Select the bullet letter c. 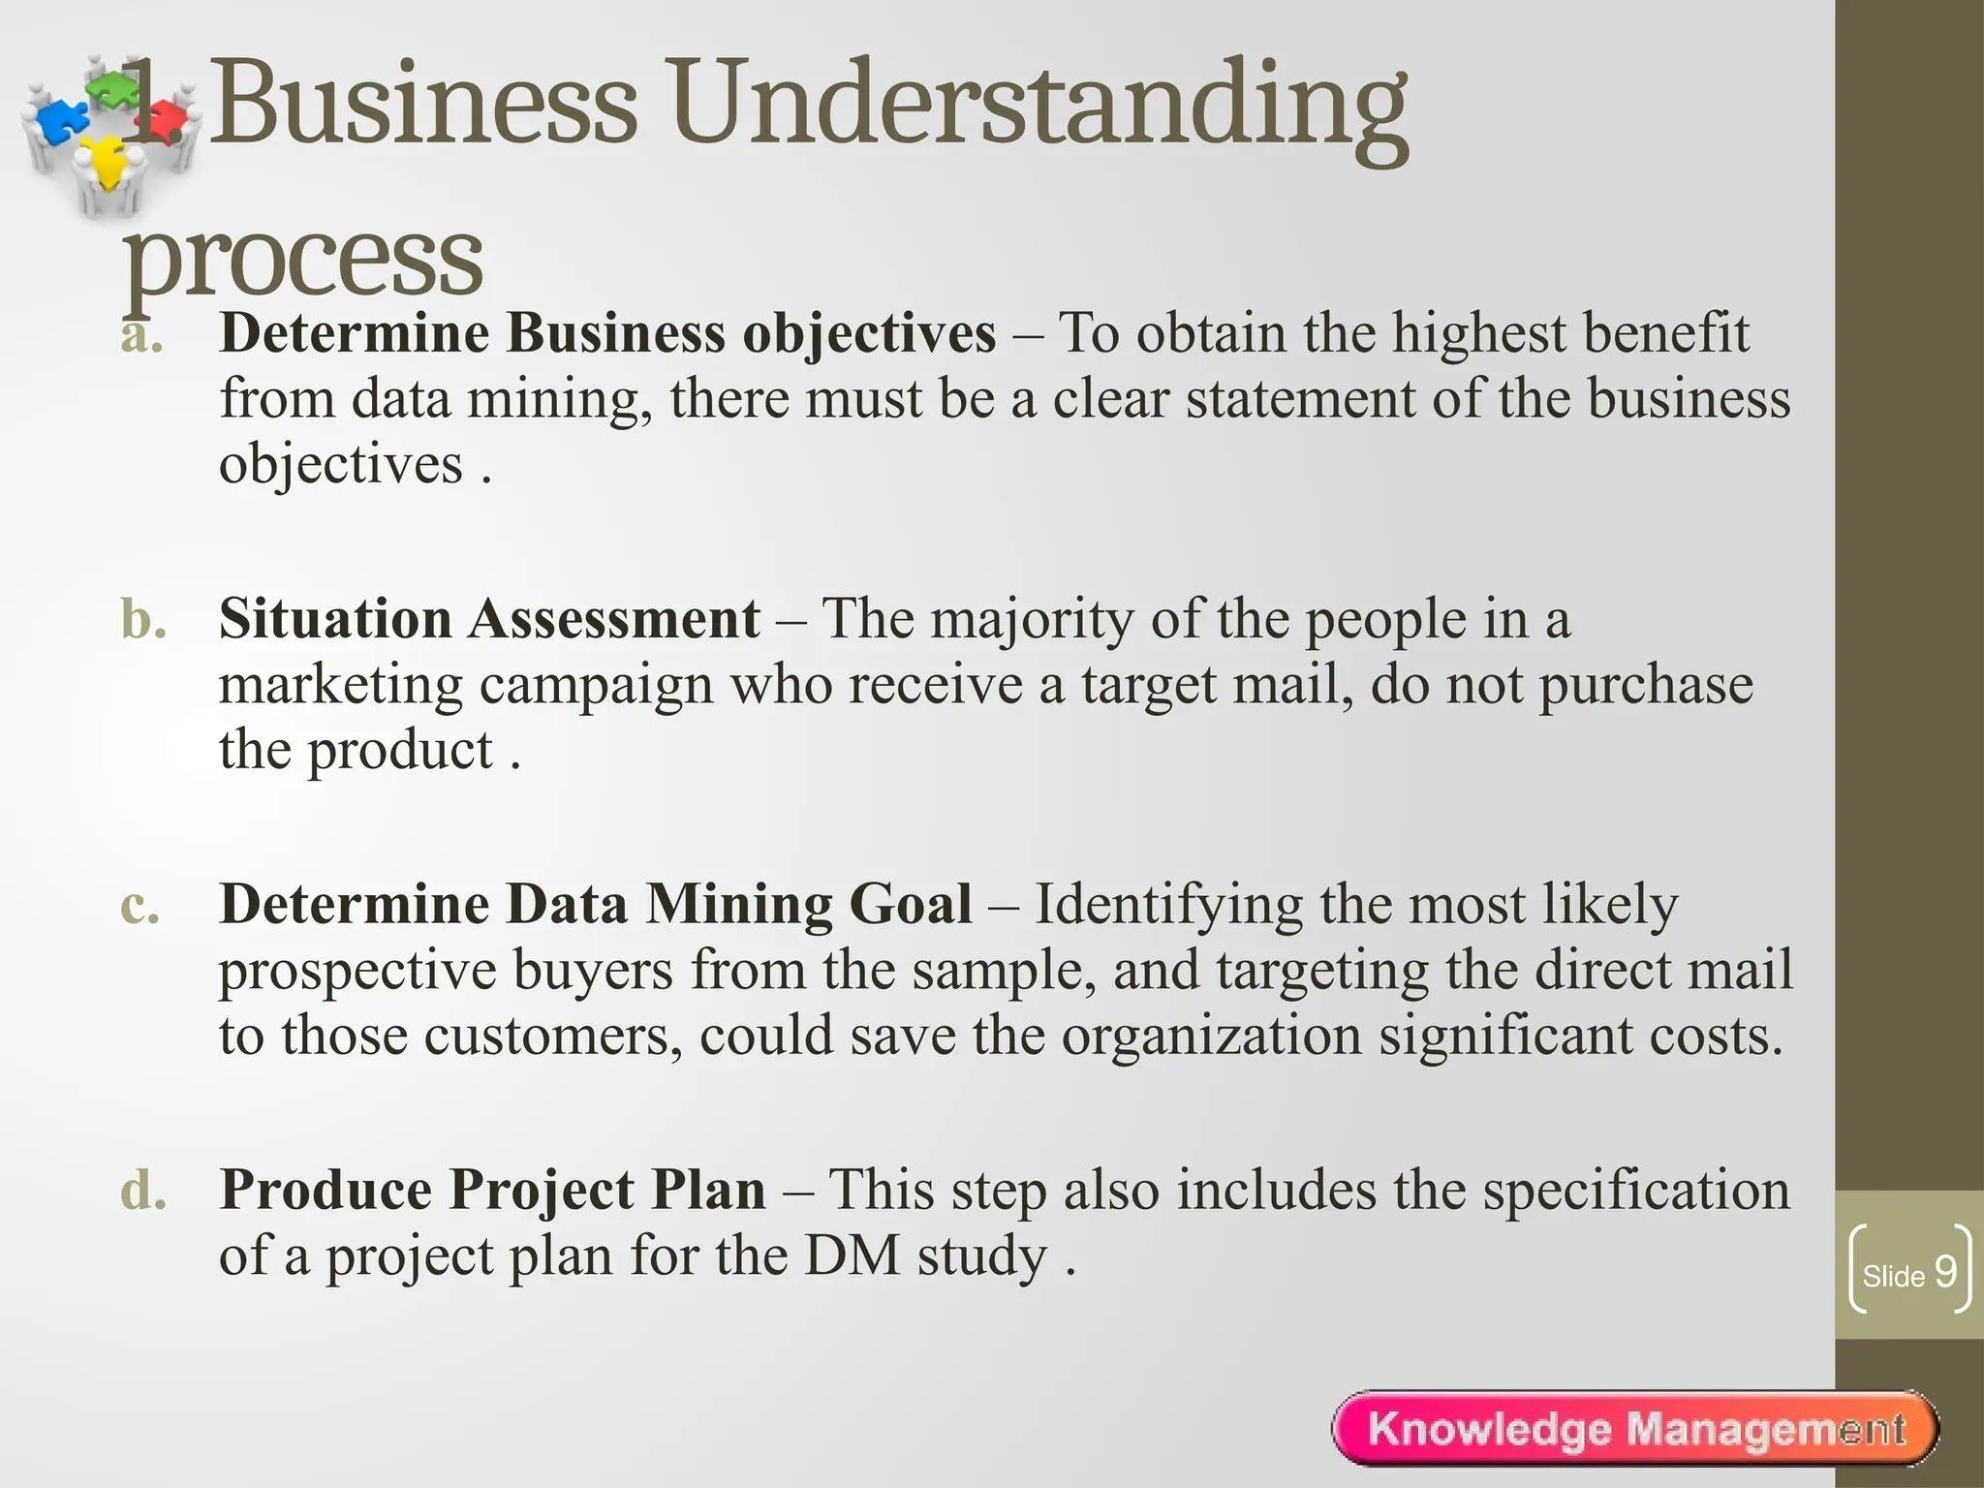pos(140,905)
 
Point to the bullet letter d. pos(143,1190)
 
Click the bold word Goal pos(910,904)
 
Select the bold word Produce pos(325,1190)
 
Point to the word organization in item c pos(1211,1035)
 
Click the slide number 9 pos(1945,1271)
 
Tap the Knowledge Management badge pos(1636,1429)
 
